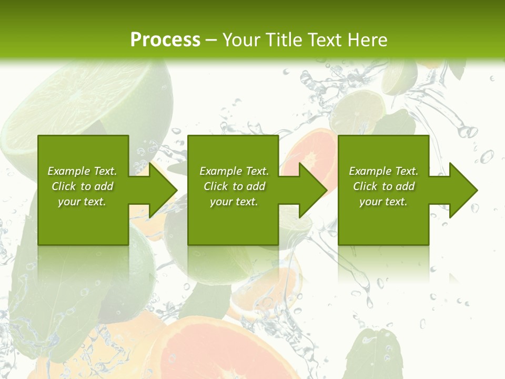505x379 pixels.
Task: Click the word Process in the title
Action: (165, 40)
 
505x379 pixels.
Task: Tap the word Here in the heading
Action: (366, 40)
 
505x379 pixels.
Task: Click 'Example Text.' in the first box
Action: (82, 171)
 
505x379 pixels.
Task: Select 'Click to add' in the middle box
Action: (234, 186)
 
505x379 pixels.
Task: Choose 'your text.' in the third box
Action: (383, 202)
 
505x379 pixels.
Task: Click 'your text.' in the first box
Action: (82, 202)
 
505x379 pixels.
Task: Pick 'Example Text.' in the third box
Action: (383, 171)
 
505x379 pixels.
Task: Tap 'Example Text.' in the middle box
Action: (234, 171)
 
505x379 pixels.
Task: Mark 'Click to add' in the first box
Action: (82, 186)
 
